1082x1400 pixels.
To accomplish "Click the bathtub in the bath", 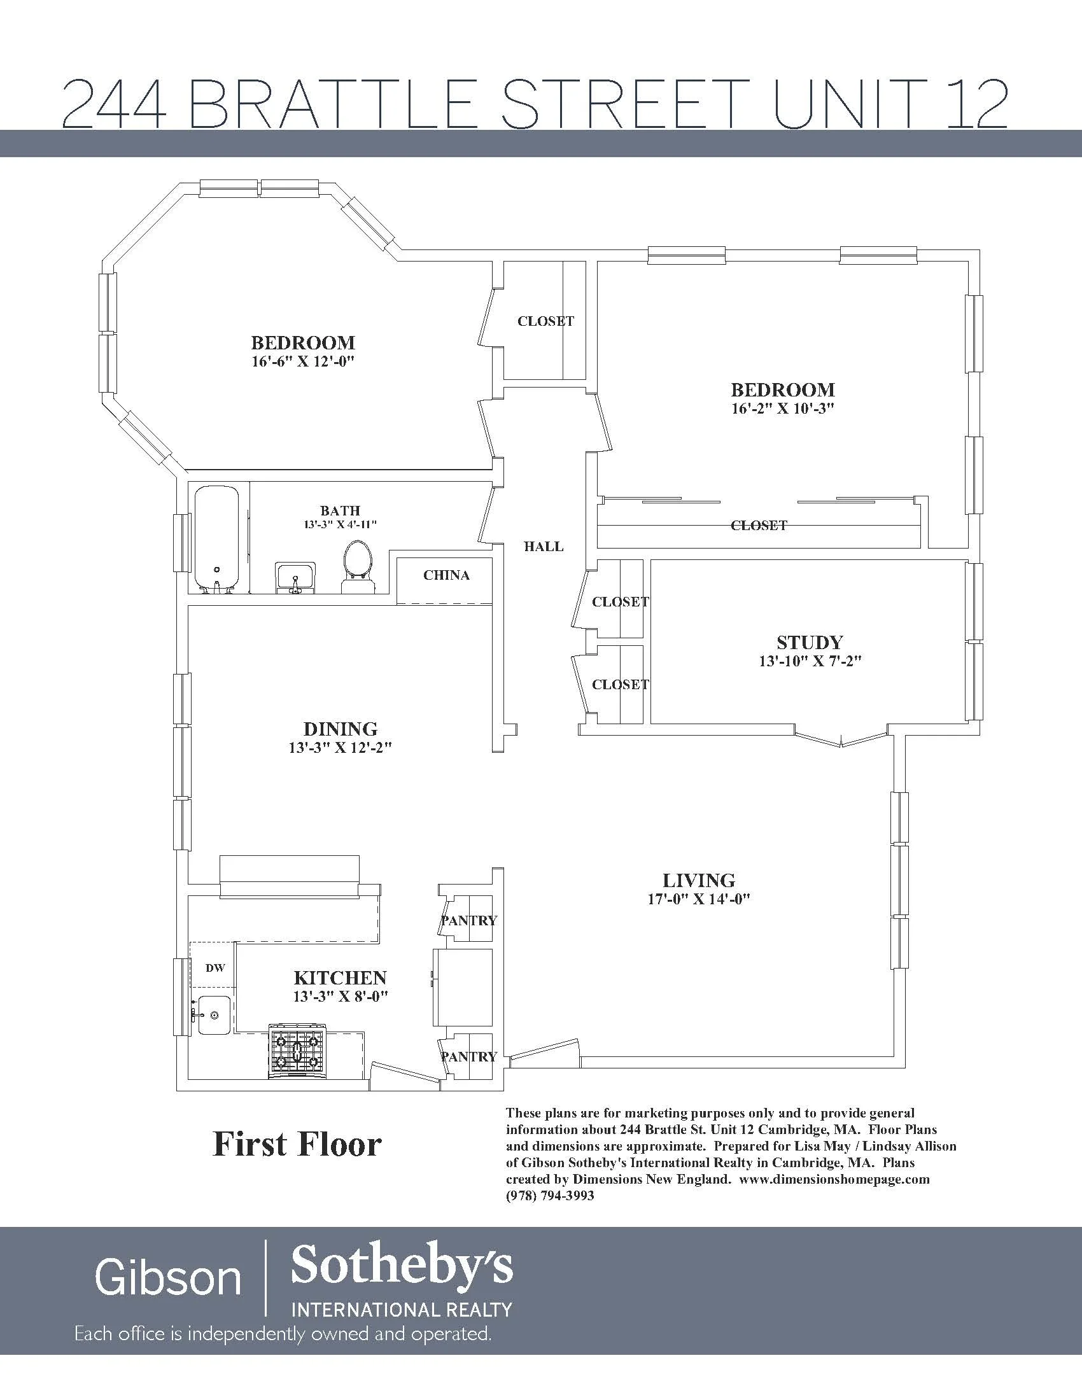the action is coord(216,538).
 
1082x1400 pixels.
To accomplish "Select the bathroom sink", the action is coord(295,577).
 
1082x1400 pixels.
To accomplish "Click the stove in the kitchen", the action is coord(297,1051).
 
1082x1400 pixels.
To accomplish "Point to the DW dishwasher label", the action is coord(215,968).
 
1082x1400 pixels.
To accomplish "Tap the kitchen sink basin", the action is coord(213,1016).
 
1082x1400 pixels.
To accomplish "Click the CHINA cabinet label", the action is coord(446,576).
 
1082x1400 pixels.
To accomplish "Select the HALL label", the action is coord(544,547).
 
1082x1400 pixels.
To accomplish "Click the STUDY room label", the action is coord(810,642).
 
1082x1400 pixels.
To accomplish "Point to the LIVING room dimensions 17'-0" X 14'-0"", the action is coord(699,899).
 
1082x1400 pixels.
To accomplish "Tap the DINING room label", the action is coord(341,729).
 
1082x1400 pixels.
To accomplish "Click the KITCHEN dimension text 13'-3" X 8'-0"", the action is coord(341,997).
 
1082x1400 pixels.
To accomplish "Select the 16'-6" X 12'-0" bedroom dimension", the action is coord(303,361).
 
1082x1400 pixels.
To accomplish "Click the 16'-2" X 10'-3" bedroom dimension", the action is coord(783,409).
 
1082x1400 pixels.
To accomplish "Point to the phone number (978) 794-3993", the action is coord(550,1196).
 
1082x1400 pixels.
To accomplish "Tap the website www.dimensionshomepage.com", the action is coord(834,1179).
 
